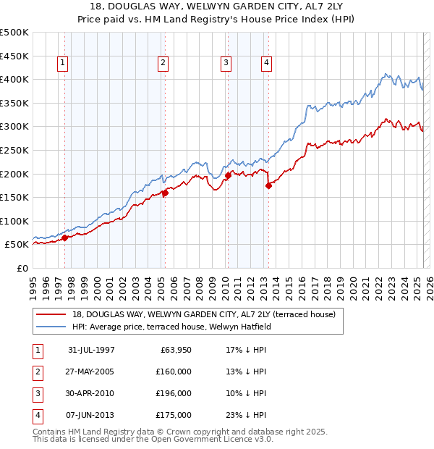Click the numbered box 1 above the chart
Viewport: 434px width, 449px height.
(62, 64)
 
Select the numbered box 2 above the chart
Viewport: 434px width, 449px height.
(163, 64)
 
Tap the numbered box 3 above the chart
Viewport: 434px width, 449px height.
(226, 64)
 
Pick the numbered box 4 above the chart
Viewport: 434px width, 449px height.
(266, 64)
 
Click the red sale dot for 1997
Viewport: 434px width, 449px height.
(65, 238)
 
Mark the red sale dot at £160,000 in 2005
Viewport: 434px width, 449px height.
(165, 193)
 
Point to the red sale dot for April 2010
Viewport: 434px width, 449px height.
(228, 175)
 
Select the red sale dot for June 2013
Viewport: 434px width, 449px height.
(268, 185)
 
